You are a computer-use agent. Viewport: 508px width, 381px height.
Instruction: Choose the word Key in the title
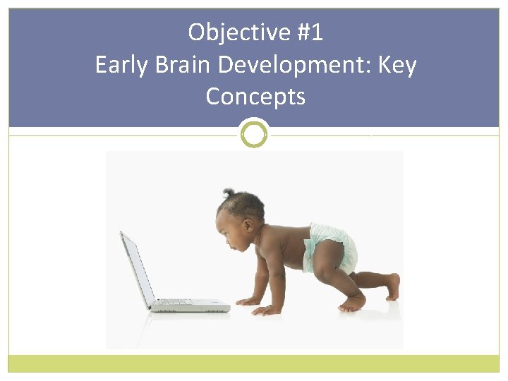397,65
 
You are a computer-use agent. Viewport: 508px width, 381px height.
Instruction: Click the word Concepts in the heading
255,97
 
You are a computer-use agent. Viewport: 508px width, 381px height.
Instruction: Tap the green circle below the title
254,133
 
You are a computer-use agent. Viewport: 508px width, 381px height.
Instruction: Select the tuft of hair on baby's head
228,192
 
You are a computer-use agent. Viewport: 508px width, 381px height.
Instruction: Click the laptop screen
138,268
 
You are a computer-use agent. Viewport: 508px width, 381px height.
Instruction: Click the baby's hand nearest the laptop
248,301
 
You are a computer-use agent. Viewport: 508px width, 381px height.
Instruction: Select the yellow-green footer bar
254,363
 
